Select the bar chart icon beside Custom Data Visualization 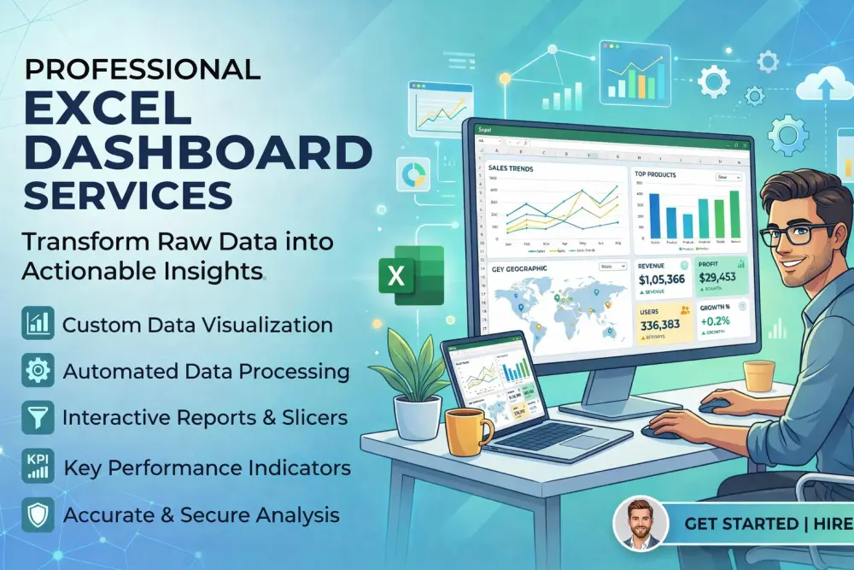click(38, 325)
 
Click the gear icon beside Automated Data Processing click(38, 371)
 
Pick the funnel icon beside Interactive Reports click(38, 418)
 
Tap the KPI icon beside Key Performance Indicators click(38, 467)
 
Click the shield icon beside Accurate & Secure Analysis click(38, 514)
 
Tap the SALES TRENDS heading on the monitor click(511, 169)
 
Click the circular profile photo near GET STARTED click(640, 522)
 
